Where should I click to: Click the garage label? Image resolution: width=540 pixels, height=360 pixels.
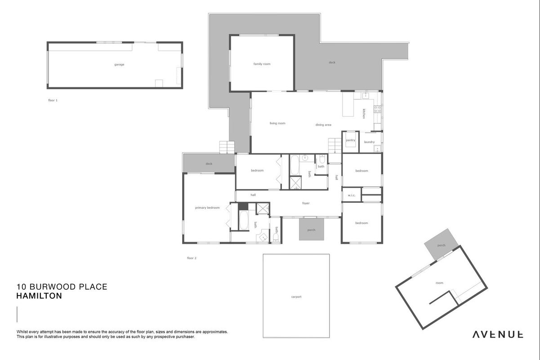(x=119, y=65)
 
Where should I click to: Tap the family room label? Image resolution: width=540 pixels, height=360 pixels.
(x=262, y=64)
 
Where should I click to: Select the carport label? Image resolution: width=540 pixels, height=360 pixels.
(x=296, y=297)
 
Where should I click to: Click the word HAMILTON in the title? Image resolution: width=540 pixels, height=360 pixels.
(x=39, y=296)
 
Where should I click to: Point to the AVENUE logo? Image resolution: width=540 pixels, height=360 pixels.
(x=498, y=334)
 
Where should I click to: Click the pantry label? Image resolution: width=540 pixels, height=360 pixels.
(x=351, y=140)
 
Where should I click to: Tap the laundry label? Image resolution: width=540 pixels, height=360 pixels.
(x=369, y=142)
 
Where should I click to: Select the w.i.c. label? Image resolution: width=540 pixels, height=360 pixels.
(x=352, y=195)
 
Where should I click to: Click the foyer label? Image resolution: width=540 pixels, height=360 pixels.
(x=306, y=203)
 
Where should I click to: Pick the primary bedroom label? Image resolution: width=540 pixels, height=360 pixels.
(x=207, y=208)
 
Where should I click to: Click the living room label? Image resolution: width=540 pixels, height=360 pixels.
(x=277, y=123)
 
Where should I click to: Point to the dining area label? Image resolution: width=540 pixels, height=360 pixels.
(x=323, y=125)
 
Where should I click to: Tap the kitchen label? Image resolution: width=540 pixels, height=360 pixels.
(x=364, y=114)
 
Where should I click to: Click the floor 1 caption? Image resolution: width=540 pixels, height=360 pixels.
(x=53, y=100)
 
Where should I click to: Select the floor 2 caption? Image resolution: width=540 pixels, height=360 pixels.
(x=192, y=258)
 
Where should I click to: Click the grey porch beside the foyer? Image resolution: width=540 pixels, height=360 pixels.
(x=312, y=229)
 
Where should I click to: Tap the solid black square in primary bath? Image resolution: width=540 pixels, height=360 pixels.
(x=243, y=207)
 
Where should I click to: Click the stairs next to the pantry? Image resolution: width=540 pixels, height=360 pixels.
(x=335, y=145)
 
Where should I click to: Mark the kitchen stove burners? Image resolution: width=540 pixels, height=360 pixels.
(x=377, y=109)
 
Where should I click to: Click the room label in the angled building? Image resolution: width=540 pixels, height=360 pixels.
(x=439, y=283)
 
